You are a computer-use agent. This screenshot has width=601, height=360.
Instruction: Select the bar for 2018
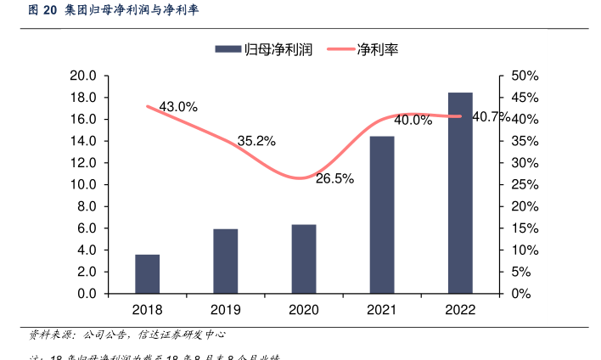(147, 273)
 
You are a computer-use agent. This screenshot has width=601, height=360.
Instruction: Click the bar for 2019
(225, 261)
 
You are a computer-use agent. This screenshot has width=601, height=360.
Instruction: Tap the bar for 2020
(304, 259)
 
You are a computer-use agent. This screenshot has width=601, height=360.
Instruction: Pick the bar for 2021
(382, 215)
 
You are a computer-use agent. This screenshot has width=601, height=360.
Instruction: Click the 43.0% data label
(178, 107)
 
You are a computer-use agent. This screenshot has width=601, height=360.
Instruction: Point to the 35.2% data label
(256, 141)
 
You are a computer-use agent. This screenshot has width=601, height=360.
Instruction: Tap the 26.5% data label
(334, 178)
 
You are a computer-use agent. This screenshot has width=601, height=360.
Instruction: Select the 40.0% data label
(413, 121)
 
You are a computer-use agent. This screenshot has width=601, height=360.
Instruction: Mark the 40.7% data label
(491, 116)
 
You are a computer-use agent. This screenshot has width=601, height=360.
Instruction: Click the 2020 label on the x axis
(304, 310)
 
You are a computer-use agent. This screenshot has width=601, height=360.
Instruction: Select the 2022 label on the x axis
(460, 310)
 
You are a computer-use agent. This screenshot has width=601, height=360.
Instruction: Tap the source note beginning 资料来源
(127, 335)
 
